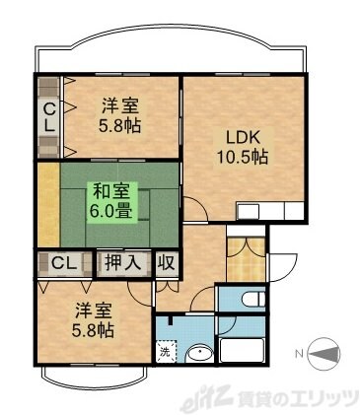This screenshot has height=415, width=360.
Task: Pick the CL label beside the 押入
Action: (65, 263)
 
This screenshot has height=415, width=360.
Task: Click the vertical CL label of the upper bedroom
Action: (47, 116)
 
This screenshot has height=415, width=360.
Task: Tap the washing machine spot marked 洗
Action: (164, 352)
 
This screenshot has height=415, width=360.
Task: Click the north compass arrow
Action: (324, 353)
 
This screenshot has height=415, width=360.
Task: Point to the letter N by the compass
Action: (300, 353)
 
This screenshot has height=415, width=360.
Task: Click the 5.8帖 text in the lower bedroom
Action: (92, 330)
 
